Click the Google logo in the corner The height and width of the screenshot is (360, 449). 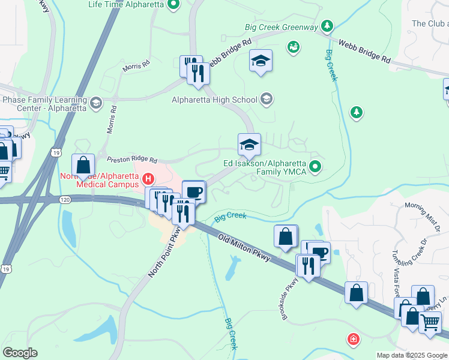pyautogui.click(x=20, y=353)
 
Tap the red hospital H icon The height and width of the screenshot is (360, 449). pyautogui.click(x=148, y=179)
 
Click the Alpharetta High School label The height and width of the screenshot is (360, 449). pyautogui.click(x=214, y=100)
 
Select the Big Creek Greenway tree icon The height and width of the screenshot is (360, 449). pyautogui.click(x=327, y=26)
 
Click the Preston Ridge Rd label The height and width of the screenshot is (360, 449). pyautogui.click(x=131, y=160)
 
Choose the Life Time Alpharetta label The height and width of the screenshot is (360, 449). pyautogui.click(x=126, y=4)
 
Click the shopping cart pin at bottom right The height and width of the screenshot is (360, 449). pyautogui.click(x=430, y=322)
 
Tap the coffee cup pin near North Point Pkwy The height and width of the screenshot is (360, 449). pyautogui.click(x=194, y=192)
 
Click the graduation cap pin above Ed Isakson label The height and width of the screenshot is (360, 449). pyautogui.click(x=249, y=144)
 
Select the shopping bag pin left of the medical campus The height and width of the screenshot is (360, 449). pyautogui.click(x=83, y=165)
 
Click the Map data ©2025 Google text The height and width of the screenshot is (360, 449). pyautogui.click(x=412, y=355)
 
